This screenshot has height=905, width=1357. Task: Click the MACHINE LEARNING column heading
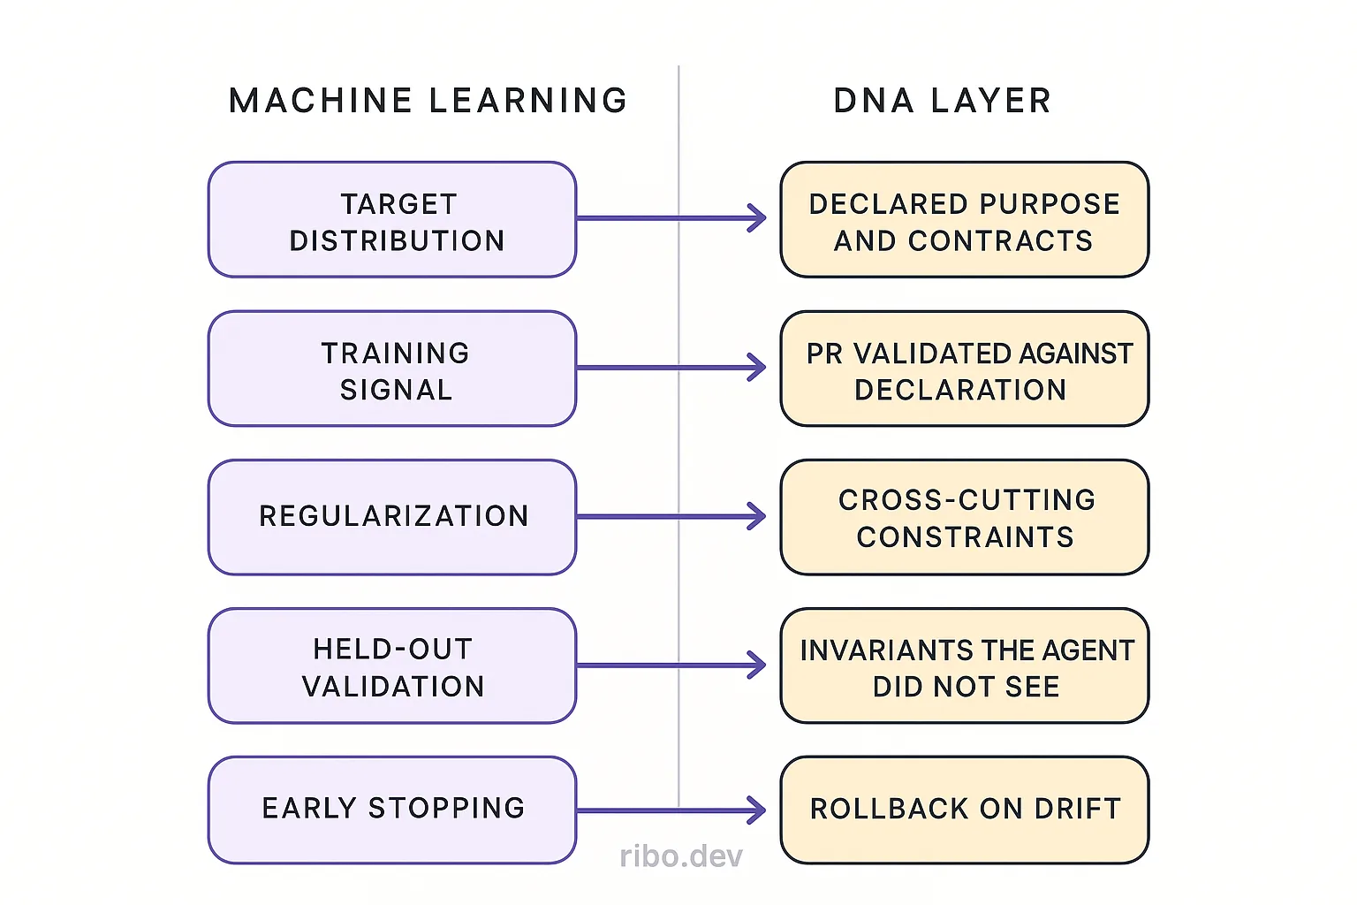[428, 101]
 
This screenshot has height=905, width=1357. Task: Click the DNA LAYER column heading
[942, 101]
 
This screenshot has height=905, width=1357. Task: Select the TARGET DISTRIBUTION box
[392, 220]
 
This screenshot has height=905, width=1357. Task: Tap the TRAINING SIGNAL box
[392, 369]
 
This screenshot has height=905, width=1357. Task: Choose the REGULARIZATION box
[392, 517]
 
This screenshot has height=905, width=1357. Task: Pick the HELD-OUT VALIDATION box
[392, 666]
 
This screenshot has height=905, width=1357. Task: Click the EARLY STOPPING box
[392, 810]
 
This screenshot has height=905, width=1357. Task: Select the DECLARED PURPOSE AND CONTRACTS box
[964, 220]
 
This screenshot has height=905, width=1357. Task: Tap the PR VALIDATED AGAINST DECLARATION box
[964, 369]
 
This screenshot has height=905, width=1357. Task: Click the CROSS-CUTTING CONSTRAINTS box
[964, 517]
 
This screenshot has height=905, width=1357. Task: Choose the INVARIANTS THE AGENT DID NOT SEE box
[964, 666]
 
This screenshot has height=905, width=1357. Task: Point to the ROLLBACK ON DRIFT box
[964, 810]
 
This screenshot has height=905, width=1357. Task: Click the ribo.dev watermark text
[681, 856]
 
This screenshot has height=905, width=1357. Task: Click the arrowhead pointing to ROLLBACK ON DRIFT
[758, 810]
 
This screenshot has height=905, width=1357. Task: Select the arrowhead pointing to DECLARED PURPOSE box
[758, 218]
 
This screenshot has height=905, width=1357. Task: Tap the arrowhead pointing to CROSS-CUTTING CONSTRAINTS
[758, 516]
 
